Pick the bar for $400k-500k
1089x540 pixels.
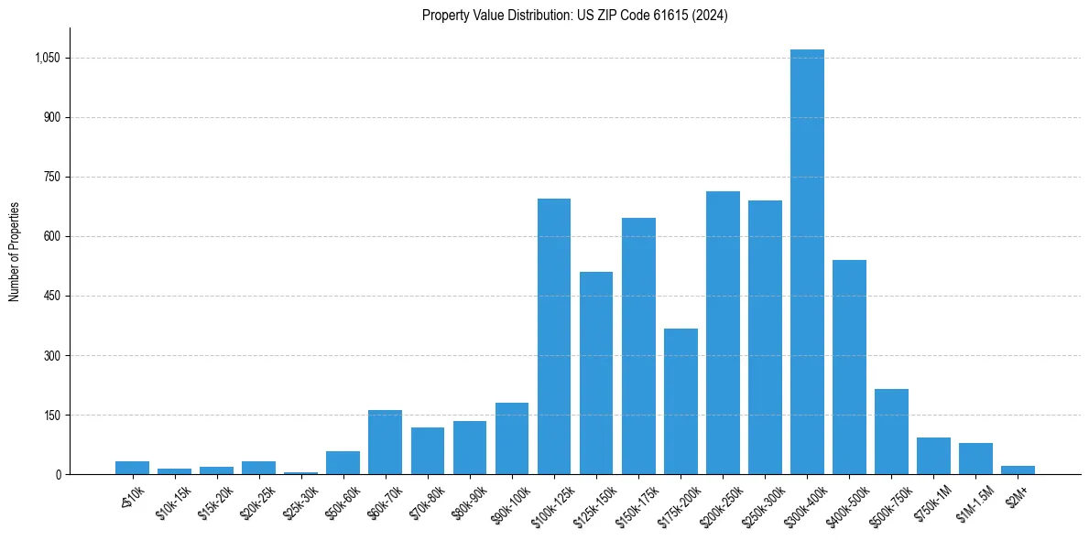coord(849,367)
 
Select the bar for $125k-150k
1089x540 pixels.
coord(596,373)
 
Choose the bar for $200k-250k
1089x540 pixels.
coord(723,333)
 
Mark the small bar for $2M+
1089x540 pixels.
coord(1018,470)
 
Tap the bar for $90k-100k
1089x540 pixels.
coord(512,438)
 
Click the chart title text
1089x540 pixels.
coord(574,16)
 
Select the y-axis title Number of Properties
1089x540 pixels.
coord(15,252)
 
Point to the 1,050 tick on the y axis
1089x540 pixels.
coord(47,58)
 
